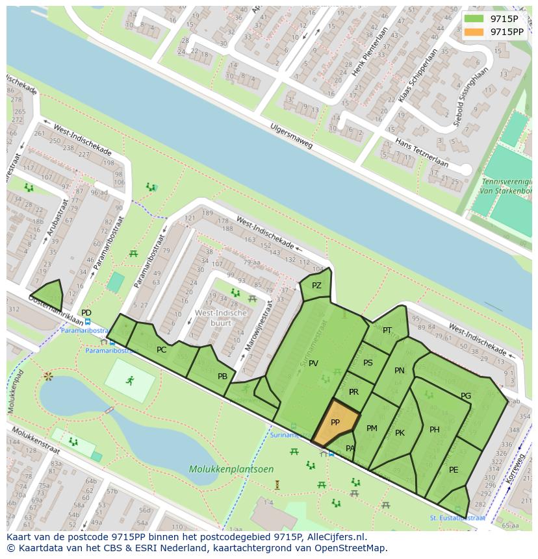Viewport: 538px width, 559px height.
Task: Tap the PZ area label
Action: point(316,286)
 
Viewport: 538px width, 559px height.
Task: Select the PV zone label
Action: point(313,364)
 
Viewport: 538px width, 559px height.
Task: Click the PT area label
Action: point(387,330)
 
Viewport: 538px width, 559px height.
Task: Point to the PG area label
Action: point(466,396)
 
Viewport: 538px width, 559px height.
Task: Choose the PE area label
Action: point(454,470)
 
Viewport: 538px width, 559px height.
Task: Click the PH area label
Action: point(435,430)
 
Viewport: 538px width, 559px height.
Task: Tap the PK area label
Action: point(400,433)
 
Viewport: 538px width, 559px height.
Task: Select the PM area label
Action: point(372,429)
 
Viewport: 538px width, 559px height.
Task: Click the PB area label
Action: point(222,377)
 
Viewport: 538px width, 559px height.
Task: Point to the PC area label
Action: point(162,350)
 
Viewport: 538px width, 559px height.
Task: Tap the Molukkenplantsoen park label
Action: point(222,469)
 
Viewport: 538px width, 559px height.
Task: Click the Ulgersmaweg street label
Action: point(292,136)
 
